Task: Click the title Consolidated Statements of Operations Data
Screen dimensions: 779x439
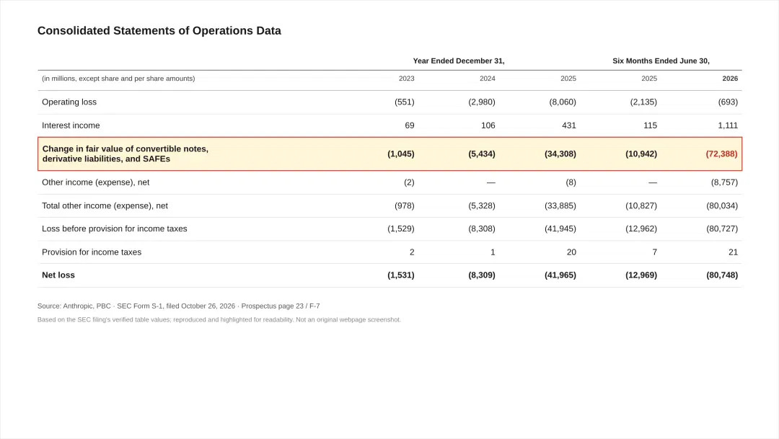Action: click(x=159, y=31)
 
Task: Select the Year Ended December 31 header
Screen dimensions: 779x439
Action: click(x=459, y=61)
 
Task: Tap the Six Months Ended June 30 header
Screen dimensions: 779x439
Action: click(x=661, y=61)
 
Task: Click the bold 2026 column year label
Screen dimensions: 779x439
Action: click(x=730, y=79)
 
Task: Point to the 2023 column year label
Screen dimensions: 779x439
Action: click(x=406, y=79)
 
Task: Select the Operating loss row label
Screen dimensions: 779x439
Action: click(x=69, y=102)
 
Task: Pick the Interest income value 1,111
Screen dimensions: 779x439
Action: click(x=727, y=125)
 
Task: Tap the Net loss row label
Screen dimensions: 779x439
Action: click(x=58, y=275)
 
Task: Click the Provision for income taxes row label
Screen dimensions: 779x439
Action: click(x=92, y=252)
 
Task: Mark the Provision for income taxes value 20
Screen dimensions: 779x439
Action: click(x=571, y=252)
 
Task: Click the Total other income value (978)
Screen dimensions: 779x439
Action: click(x=405, y=205)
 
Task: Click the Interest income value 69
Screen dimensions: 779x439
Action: click(x=410, y=125)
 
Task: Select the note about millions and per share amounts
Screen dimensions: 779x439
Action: click(x=118, y=79)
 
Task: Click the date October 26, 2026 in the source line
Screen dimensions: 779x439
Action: click(x=208, y=306)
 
